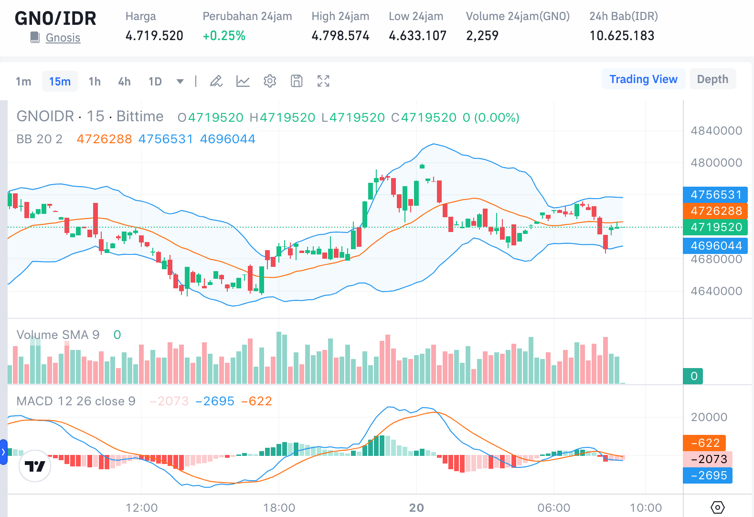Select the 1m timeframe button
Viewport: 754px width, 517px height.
(x=23, y=82)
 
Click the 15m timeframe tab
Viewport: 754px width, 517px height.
(x=60, y=82)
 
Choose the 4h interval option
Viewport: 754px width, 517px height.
(x=124, y=82)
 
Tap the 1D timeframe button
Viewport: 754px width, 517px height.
(x=155, y=82)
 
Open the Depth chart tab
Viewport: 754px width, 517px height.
(x=712, y=79)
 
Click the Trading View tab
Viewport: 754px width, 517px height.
(x=643, y=79)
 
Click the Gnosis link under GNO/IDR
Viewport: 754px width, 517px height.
(x=63, y=38)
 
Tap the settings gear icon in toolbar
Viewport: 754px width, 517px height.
(x=270, y=81)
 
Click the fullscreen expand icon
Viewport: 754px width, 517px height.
(x=323, y=81)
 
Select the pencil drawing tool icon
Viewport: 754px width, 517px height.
(x=216, y=81)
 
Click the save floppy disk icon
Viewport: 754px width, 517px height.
(x=297, y=81)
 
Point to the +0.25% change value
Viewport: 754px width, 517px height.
(x=224, y=36)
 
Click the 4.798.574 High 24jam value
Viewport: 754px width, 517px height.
(x=340, y=36)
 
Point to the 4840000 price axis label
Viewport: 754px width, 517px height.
(x=716, y=131)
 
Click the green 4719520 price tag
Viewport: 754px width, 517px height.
(x=716, y=227)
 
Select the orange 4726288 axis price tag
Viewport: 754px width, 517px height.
(x=716, y=211)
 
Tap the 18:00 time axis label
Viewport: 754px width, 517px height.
(x=279, y=508)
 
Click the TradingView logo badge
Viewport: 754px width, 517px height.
(x=35, y=466)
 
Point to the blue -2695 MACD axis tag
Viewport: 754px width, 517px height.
(x=708, y=475)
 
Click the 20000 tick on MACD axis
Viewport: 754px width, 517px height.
(x=709, y=417)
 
